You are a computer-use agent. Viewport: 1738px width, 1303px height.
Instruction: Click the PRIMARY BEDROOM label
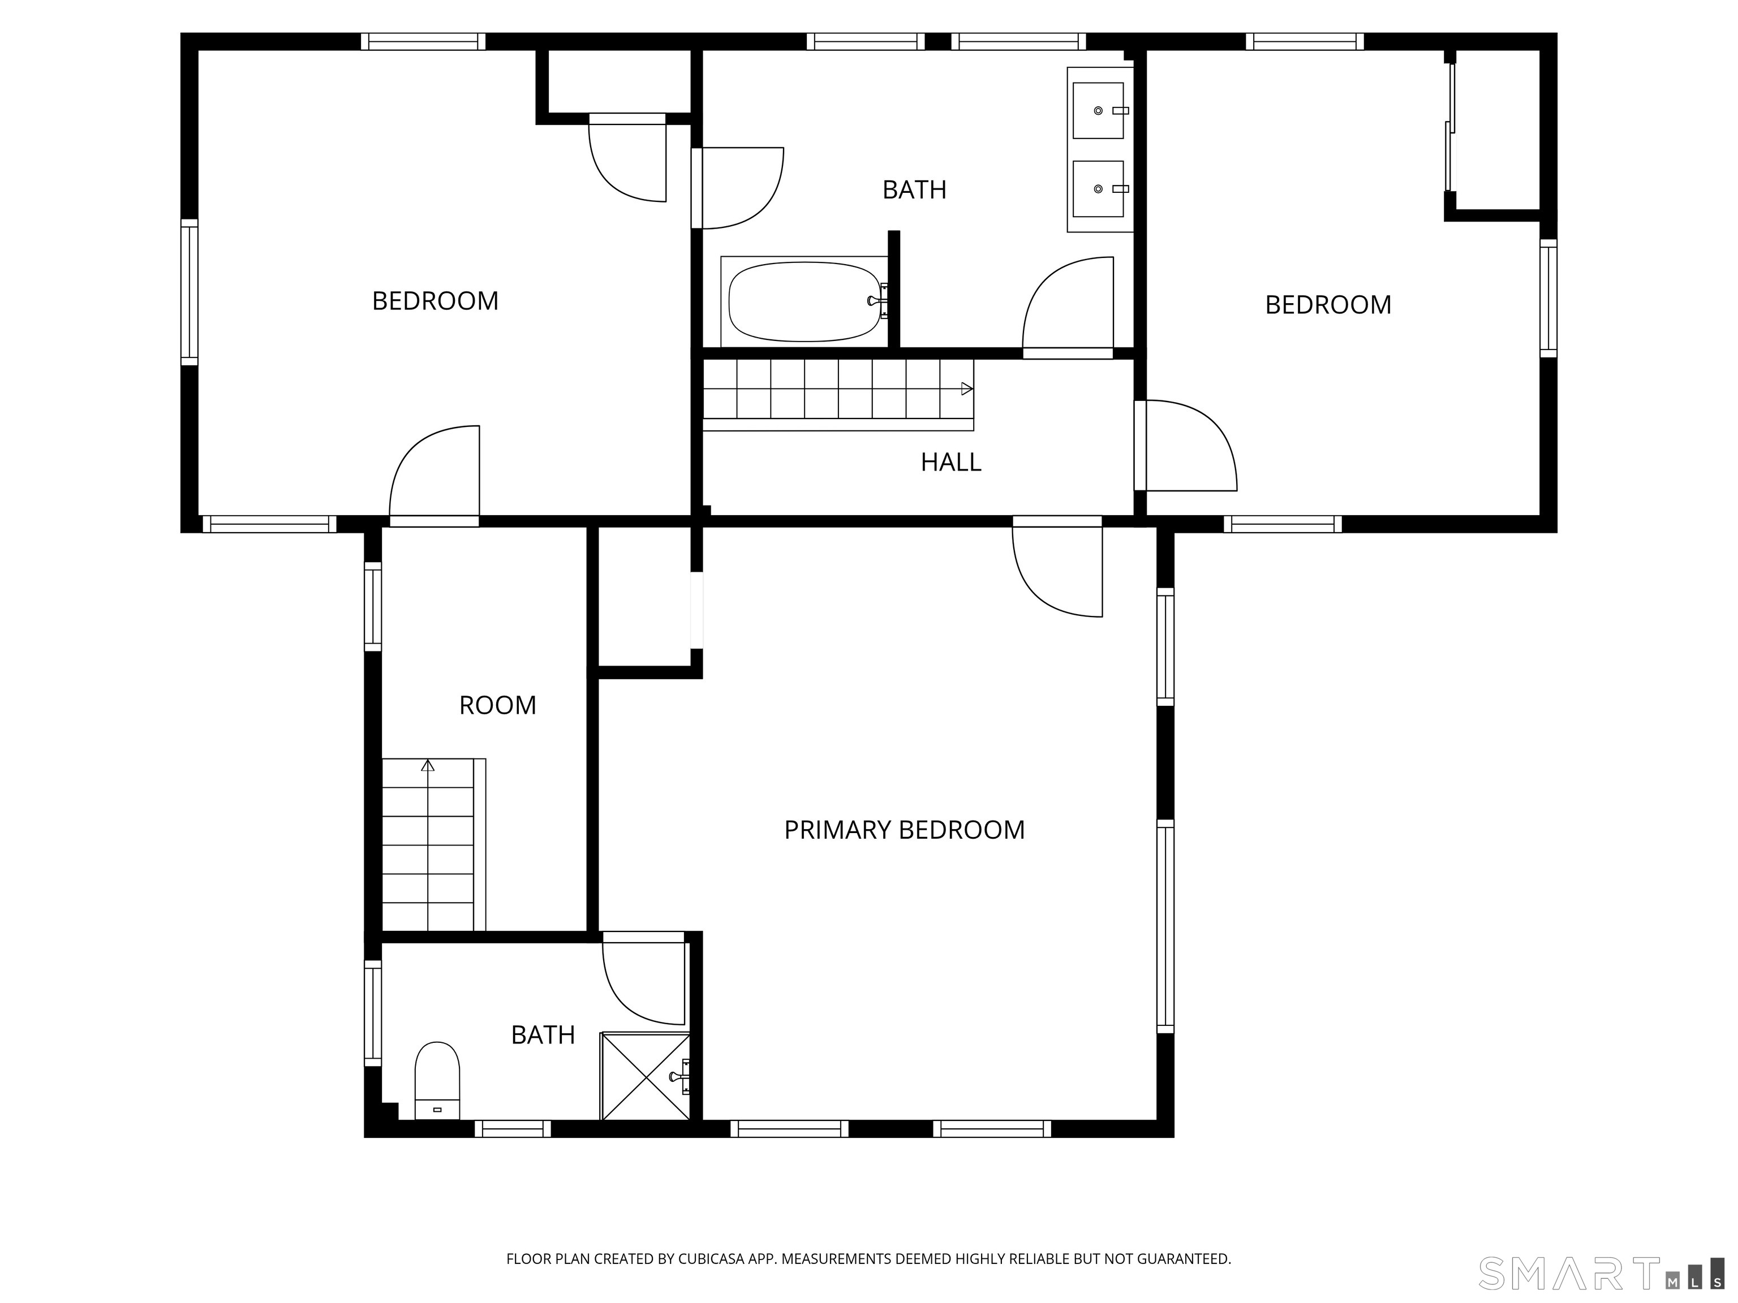(904, 830)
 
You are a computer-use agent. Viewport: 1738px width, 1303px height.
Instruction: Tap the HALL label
(950, 463)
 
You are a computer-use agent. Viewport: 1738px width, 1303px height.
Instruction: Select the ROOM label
(497, 705)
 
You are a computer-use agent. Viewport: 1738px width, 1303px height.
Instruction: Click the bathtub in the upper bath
(806, 301)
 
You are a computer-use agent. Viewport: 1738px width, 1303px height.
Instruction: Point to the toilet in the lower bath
(437, 1080)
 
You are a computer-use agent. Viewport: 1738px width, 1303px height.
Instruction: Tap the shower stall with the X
(645, 1076)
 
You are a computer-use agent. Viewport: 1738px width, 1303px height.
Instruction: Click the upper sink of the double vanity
(1099, 111)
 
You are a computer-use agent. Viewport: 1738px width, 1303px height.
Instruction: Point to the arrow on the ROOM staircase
(428, 765)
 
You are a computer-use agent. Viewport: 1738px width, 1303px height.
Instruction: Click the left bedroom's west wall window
(190, 292)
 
